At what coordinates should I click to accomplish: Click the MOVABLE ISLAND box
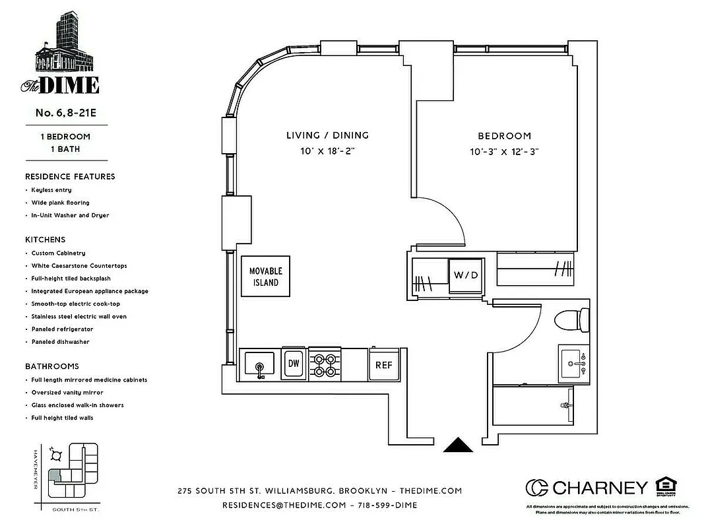click(x=265, y=277)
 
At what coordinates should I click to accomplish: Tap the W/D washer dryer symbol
click(x=465, y=274)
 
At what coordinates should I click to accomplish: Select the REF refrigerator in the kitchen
click(x=384, y=364)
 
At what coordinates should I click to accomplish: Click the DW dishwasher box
click(x=293, y=363)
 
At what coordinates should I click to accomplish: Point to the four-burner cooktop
click(x=324, y=364)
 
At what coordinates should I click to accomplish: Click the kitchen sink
click(x=259, y=364)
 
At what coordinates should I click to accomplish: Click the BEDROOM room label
click(x=504, y=136)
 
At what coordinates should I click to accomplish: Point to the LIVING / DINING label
click(x=327, y=135)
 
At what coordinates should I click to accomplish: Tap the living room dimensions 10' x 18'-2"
click(x=327, y=151)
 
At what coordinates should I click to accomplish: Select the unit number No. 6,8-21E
click(x=66, y=113)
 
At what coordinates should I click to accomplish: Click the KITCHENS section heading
click(x=46, y=240)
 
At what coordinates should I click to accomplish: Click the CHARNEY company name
click(x=599, y=488)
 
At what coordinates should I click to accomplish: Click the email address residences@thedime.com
click(x=284, y=505)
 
